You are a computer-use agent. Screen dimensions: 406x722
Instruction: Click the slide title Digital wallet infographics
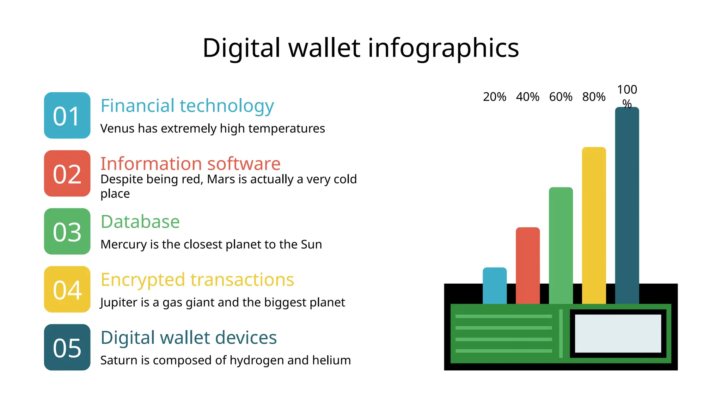click(x=360, y=48)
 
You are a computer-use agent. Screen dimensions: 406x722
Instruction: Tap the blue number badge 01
click(x=67, y=116)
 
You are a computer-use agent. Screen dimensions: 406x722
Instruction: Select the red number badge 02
click(x=67, y=173)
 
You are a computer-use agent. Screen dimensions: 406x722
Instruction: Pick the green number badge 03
click(x=67, y=232)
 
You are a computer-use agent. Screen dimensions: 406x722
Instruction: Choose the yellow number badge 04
click(x=67, y=289)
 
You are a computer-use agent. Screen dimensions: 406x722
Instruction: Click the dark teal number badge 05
click(x=67, y=347)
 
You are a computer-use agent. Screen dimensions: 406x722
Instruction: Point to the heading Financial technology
click(x=187, y=106)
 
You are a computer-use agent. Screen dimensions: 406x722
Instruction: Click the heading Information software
click(x=190, y=164)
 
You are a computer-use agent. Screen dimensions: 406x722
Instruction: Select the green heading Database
click(x=140, y=222)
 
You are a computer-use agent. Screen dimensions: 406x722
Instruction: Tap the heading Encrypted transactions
click(x=197, y=279)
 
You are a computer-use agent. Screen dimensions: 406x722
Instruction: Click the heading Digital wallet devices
click(x=189, y=337)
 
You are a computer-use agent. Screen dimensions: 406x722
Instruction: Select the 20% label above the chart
click(x=494, y=97)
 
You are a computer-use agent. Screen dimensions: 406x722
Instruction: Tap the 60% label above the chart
click(x=561, y=97)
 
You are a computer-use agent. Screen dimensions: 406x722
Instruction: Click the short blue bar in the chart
click(x=494, y=285)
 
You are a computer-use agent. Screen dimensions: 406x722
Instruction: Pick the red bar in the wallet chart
click(x=527, y=265)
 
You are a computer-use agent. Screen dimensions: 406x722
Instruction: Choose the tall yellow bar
click(x=594, y=226)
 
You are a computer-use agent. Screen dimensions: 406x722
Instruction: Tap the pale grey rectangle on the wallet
click(x=618, y=333)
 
